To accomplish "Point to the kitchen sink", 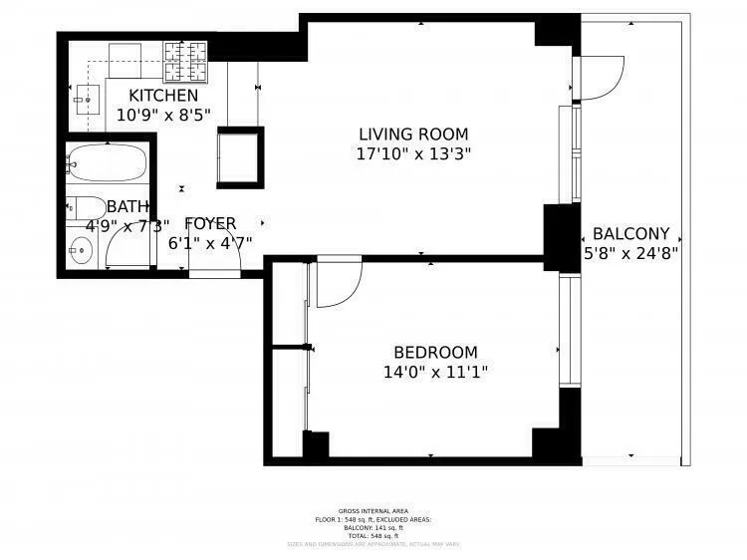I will click(x=88, y=100).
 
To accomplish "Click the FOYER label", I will click(x=210, y=223).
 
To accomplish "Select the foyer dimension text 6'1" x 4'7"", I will click(x=210, y=242).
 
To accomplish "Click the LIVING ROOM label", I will click(x=412, y=135).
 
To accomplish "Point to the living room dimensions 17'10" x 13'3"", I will click(x=412, y=154).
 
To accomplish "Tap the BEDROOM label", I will click(x=435, y=353).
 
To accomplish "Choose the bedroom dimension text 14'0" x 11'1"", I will click(x=435, y=373).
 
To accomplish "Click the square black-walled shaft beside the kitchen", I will click(x=241, y=155).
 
